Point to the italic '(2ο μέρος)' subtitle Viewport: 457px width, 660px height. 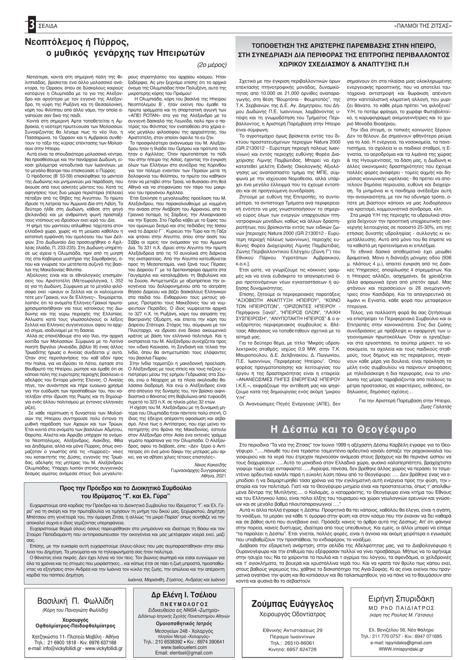pos(212,63)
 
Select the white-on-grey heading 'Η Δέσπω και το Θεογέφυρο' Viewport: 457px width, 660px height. pos(343,429)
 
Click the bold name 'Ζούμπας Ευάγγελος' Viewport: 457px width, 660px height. pos(292,604)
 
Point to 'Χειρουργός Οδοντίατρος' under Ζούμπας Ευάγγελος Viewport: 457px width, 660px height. pos(292,614)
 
